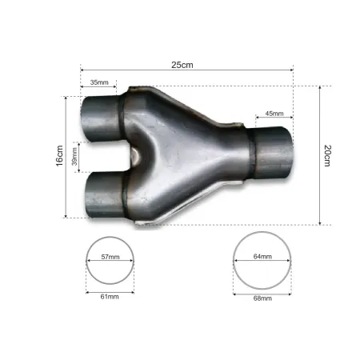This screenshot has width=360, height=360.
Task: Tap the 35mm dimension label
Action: click(x=99, y=82)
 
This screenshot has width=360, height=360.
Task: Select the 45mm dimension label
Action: click(x=274, y=113)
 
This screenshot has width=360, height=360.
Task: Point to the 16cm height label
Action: click(x=59, y=157)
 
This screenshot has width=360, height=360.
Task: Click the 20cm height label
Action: click(x=327, y=155)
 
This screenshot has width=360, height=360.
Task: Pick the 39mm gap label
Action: click(x=75, y=157)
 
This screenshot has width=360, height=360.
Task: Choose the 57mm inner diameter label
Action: click(x=110, y=258)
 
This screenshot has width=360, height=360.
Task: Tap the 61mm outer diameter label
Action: click(x=110, y=296)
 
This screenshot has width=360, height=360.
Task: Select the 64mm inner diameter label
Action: click(x=262, y=258)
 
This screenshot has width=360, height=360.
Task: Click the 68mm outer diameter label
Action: click(x=262, y=298)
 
